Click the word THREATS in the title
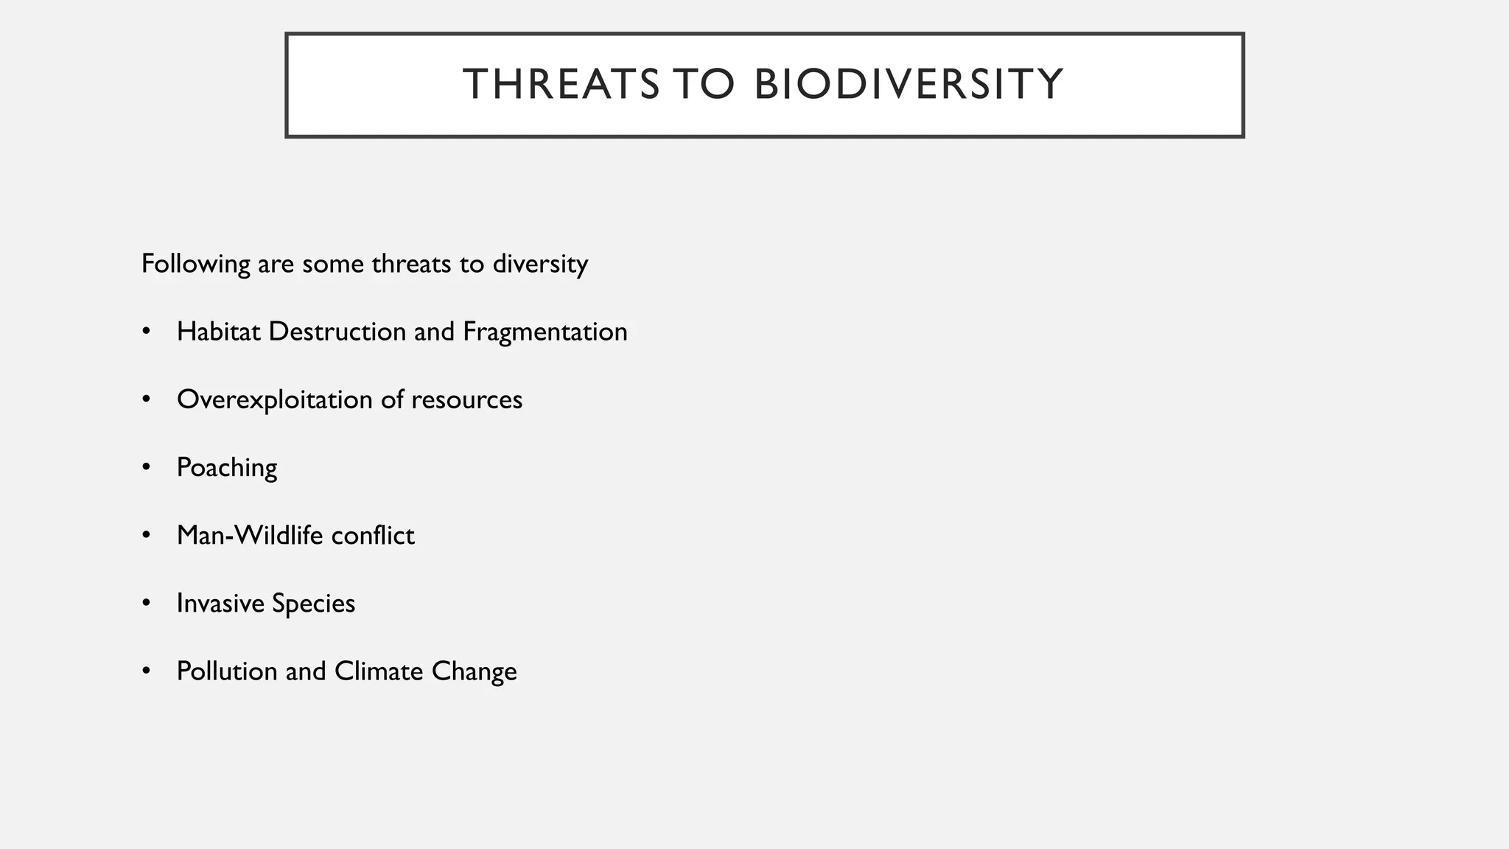click(561, 84)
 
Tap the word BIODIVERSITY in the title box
click(908, 84)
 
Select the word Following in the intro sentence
click(195, 264)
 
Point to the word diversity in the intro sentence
click(540, 264)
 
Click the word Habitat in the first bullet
click(219, 332)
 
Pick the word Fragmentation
click(545, 332)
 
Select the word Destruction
click(337, 332)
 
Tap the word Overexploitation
click(275, 399)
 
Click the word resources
click(466, 399)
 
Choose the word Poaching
click(227, 467)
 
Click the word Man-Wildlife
click(250, 535)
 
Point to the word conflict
click(373, 535)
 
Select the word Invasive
click(220, 603)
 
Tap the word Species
click(313, 603)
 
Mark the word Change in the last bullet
click(474, 671)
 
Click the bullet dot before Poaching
click(147, 467)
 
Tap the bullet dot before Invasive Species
click(147, 603)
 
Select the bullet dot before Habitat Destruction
click(147, 332)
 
